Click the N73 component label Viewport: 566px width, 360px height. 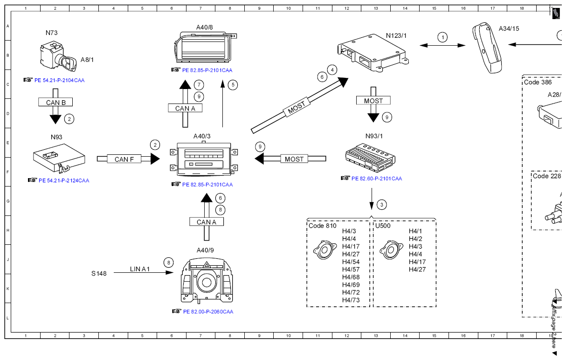(52, 33)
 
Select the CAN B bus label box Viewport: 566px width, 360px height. (55, 102)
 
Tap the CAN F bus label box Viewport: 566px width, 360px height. (124, 159)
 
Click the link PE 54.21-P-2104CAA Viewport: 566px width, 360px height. (59, 80)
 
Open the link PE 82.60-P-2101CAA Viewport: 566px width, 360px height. (377, 179)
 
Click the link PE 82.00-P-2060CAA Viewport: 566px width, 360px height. (208, 312)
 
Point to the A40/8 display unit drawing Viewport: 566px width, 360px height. (205, 47)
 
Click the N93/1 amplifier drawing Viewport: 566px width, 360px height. (371, 158)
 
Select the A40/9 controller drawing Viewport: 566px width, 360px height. (207, 280)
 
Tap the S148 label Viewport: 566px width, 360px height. (99, 274)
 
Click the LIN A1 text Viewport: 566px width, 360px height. (140, 269)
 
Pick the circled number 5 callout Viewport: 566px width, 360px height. (233, 85)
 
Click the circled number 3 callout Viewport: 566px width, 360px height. (381, 205)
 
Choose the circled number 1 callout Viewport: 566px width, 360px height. (442, 37)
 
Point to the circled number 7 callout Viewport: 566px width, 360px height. (199, 85)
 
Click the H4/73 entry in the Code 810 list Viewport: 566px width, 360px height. (351, 300)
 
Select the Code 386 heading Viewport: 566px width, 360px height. (538, 82)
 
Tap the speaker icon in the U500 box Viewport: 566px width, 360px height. (391, 250)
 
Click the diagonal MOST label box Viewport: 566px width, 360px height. (297, 107)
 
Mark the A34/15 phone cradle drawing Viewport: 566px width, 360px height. (487, 48)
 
